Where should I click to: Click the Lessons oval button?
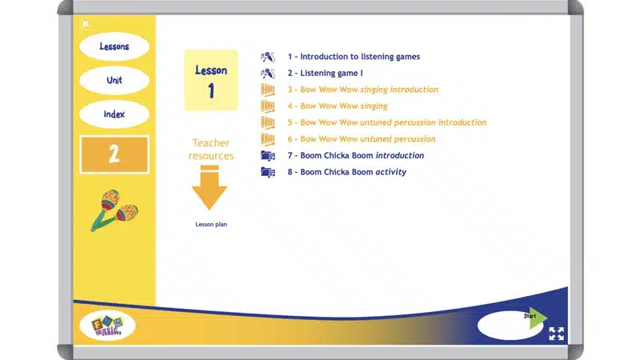coord(114,47)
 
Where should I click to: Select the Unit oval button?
coord(114,81)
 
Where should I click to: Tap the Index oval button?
coord(114,114)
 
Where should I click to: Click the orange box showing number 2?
coord(114,154)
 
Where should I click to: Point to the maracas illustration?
coord(113,210)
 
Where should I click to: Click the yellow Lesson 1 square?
coord(211,80)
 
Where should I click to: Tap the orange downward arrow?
coord(210,188)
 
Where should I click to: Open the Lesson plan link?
coord(211,225)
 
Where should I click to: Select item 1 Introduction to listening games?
coord(354,57)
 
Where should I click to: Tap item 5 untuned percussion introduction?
coord(387,122)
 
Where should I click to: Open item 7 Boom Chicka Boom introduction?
coord(356,155)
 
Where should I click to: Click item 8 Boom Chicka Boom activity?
coord(347,172)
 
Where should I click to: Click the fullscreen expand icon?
coord(557,334)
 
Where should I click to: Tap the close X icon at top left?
coord(85,23)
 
